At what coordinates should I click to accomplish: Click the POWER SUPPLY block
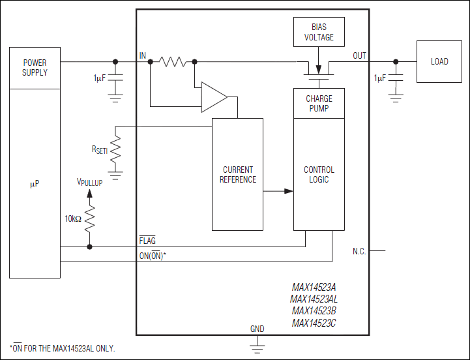tap(35, 68)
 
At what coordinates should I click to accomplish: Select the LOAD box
tap(439, 62)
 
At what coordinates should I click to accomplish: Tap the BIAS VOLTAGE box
tap(319, 32)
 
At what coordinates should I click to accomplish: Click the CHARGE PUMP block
tap(319, 103)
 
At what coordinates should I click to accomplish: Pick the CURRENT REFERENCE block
tap(237, 174)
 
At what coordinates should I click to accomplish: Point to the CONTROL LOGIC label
tap(319, 175)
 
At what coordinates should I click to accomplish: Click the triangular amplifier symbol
tap(213, 97)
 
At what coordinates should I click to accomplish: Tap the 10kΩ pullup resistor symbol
tap(89, 218)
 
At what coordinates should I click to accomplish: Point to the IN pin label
tap(143, 56)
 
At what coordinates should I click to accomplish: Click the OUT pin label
tap(359, 56)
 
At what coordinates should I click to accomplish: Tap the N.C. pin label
tap(359, 250)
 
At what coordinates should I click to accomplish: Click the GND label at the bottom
tap(257, 328)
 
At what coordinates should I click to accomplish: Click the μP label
tap(35, 185)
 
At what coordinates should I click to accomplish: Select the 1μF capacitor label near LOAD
tap(379, 78)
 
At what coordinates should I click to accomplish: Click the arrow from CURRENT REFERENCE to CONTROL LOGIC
tap(278, 191)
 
